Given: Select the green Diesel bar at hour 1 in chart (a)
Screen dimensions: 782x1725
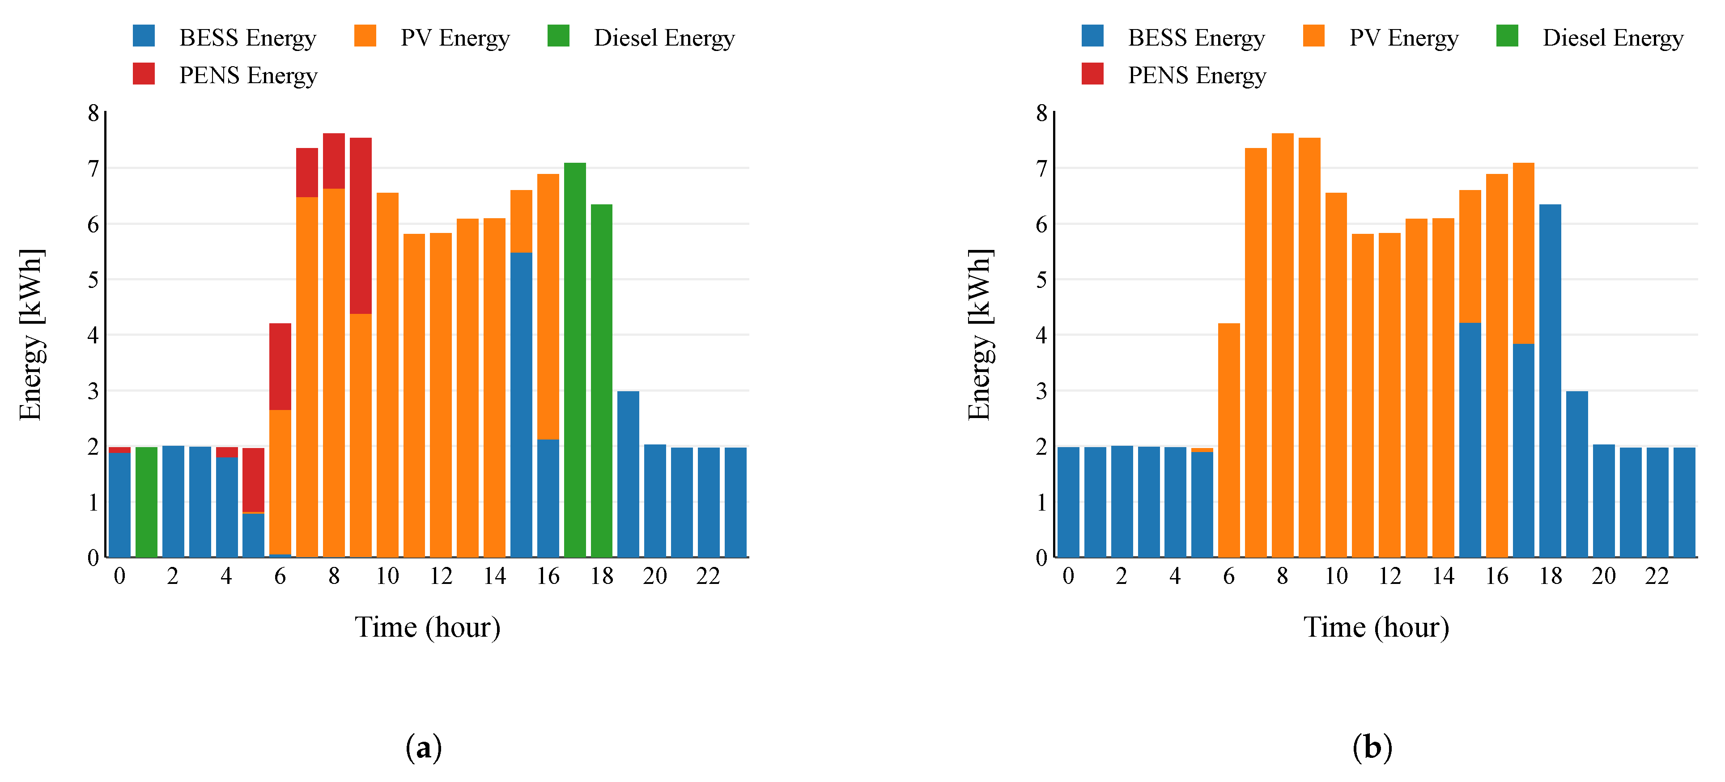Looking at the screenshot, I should pyautogui.click(x=146, y=502).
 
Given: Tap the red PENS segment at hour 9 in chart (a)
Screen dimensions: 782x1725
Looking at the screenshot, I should pyautogui.click(x=360, y=226).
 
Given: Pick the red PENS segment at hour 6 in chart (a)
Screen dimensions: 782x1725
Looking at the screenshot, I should pyautogui.click(x=280, y=366).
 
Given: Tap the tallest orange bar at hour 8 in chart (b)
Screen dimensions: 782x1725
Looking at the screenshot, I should pyautogui.click(x=1283, y=345).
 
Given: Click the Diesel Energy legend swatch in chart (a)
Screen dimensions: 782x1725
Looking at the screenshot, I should pyautogui.click(x=558, y=36).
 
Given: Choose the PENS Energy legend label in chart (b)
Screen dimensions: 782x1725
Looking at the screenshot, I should pyautogui.click(x=1197, y=75).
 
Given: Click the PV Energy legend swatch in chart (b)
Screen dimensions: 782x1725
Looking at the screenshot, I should pyautogui.click(x=1313, y=36).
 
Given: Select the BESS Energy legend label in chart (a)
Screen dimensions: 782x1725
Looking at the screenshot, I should pyautogui.click(x=247, y=38).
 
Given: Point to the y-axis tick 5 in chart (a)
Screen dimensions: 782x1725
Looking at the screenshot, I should pyautogui.click(x=93, y=279).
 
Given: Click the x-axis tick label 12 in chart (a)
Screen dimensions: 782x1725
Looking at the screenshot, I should pyautogui.click(x=441, y=576).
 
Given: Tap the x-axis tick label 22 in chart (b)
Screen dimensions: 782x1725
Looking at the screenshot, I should pyautogui.click(x=1657, y=576).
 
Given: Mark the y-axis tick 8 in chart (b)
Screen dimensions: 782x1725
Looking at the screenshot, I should pyautogui.click(x=1041, y=113).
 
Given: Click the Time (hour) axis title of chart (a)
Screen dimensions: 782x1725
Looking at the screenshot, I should pyautogui.click(x=427, y=627).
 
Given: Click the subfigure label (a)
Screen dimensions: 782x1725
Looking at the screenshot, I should pyautogui.click(x=424, y=747).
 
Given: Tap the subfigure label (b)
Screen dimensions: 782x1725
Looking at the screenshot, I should pyautogui.click(x=1372, y=747).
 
